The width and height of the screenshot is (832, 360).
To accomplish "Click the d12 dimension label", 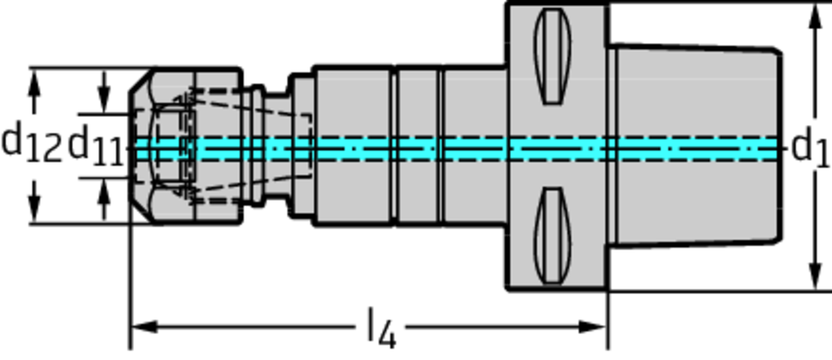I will pyautogui.click(x=31, y=144).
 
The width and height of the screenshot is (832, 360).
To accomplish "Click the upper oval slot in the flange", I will pyautogui.click(x=552, y=56).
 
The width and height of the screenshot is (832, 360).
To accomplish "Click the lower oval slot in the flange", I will pyautogui.click(x=552, y=236).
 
